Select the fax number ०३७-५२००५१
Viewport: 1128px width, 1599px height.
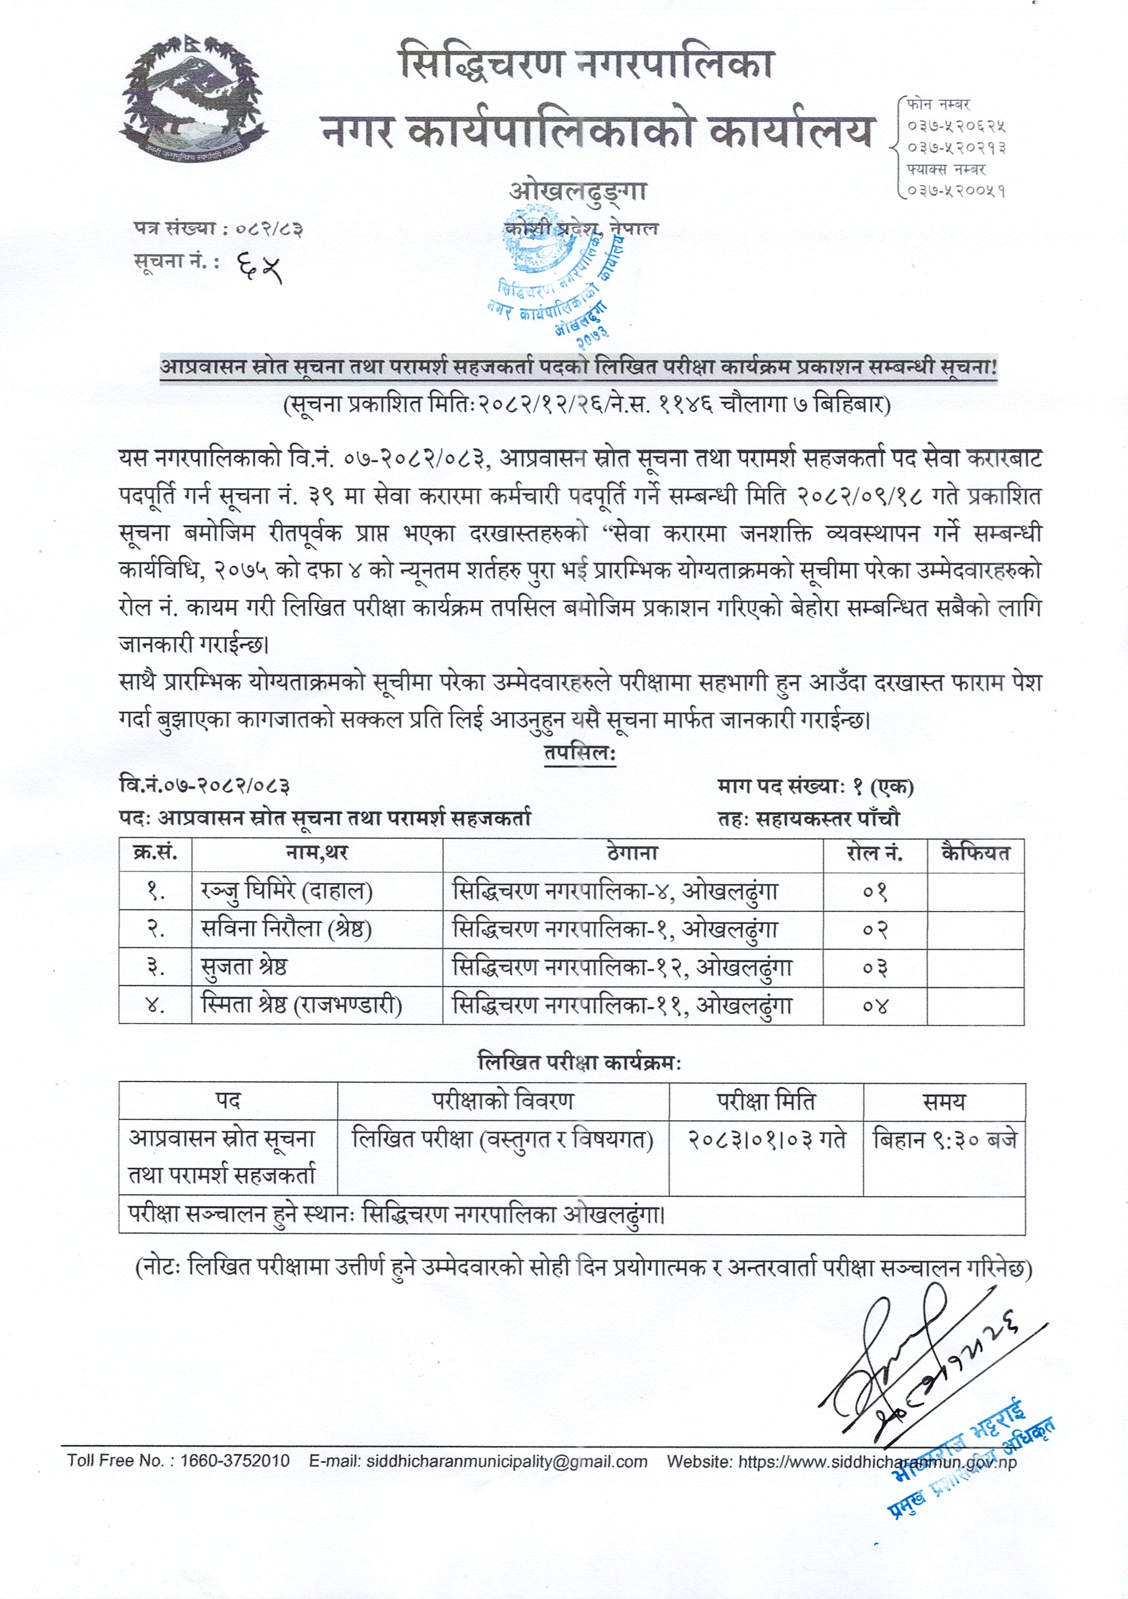pos(956,190)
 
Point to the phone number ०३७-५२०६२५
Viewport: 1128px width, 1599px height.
pos(956,127)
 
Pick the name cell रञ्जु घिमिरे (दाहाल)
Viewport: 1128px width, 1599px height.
pos(286,891)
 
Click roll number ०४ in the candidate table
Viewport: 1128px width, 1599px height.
pos(875,1006)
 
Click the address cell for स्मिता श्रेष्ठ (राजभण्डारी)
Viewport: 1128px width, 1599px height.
pos(622,1006)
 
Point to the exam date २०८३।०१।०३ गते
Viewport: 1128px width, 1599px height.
pos(766,1140)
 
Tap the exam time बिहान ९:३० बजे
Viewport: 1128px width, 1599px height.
pos(944,1140)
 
